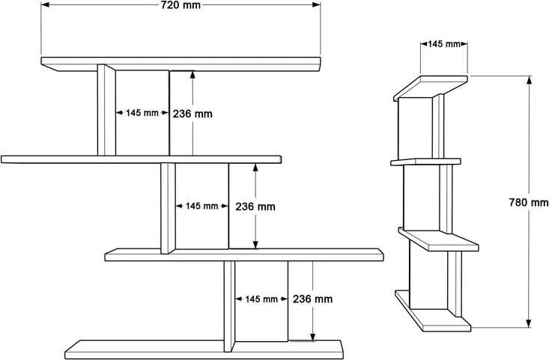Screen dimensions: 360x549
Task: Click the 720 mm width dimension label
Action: coord(181,5)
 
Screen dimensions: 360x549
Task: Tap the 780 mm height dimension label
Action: coord(529,202)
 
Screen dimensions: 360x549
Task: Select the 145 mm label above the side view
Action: coord(444,44)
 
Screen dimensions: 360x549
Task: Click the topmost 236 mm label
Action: coord(192,114)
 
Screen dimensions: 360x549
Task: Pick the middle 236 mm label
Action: coord(255,206)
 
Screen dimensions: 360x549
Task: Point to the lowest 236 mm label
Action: coord(312,299)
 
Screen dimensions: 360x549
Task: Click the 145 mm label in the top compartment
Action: coord(142,114)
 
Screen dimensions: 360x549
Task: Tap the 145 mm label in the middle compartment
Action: coord(202,206)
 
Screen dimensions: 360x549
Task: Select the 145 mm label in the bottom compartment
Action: coord(261,299)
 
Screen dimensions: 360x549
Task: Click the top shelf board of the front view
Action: coord(180,63)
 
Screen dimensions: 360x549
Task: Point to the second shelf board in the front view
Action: coord(141,159)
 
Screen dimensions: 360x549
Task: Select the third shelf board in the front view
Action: coord(243,254)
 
